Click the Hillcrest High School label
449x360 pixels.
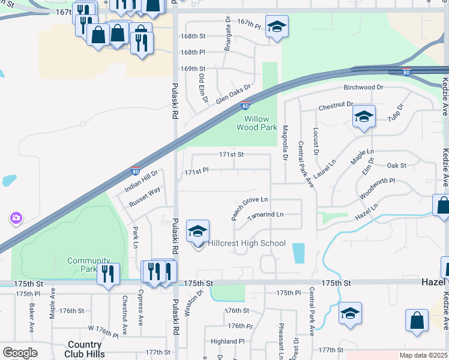pos(247,243)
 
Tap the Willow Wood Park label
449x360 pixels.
pos(257,123)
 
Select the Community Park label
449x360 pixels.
pos(89,265)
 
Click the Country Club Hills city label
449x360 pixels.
pos(84,349)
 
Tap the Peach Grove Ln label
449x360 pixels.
pos(250,208)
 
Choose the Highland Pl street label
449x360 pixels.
pos(228,341)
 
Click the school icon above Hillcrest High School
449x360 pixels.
pos(198,231)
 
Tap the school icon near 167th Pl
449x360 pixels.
pos(277,26)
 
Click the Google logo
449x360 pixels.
pos(20,353)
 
